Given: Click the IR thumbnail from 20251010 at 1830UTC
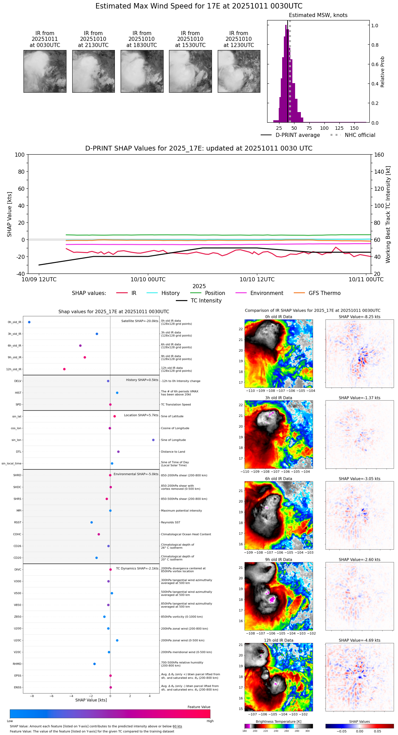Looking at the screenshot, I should point(142,71).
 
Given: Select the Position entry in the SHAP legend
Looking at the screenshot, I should point(215,293).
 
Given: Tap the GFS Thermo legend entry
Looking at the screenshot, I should point(324,293).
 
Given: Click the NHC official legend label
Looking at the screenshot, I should point(360,135).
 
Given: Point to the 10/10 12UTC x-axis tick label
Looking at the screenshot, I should point(257,279).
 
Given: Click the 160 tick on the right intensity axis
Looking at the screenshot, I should point(379,155).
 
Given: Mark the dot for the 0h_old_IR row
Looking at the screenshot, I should point(29,322).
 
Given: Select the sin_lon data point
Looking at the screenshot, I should point(153,440).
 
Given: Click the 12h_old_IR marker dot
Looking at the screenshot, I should point(64,369).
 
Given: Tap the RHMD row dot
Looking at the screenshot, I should point(94,663).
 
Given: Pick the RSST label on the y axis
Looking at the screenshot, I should point(18,522).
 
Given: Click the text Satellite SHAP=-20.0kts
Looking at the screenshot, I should point(140,321).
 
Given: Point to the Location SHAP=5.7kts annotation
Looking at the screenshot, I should point(141,415).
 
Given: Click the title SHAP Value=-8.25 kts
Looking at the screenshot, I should point(359,317).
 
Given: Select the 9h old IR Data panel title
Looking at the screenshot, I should point(278,560).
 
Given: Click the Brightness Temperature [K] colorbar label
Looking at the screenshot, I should point(278,721).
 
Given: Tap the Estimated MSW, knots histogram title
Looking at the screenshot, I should point(318,15).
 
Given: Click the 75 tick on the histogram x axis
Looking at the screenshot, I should point(309,128).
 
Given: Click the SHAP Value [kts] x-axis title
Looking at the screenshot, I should point(91,700).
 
